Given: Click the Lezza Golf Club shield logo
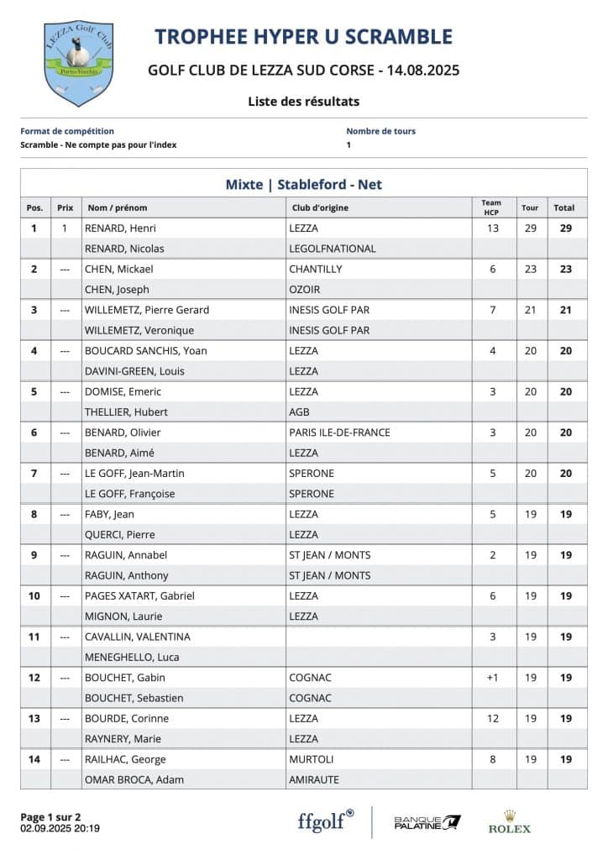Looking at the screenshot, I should (x=78, y=64).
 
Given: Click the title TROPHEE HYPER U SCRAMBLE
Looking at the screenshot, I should (x=303, y=37).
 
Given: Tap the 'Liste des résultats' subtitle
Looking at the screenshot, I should (x=303, y=102).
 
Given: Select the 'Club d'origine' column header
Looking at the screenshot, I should (x=320, y=207).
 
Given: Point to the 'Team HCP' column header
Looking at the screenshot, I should (x=492, y=207).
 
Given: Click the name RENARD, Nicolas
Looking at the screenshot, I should (x=124, y=249).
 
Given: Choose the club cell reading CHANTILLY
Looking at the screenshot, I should (x=316, y=269).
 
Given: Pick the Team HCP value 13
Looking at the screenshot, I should (x=492, y=228).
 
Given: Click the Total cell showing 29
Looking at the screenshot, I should (x=565, y=228).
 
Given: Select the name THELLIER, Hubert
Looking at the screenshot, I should (x=126, y=412).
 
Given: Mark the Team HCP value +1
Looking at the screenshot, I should (x=492, y=678).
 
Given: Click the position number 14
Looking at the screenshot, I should (x=34, y=759).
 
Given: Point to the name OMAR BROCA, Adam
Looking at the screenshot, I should (x=134, y=779).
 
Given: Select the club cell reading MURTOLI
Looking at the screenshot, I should (x=312, y=759).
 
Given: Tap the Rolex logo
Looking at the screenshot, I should (x=510, y=821).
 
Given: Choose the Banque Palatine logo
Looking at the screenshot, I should (x=427, y=822).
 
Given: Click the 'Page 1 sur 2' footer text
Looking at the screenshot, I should (x=50, y=816).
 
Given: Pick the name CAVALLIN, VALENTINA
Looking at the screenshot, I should (x=138, y=637).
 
